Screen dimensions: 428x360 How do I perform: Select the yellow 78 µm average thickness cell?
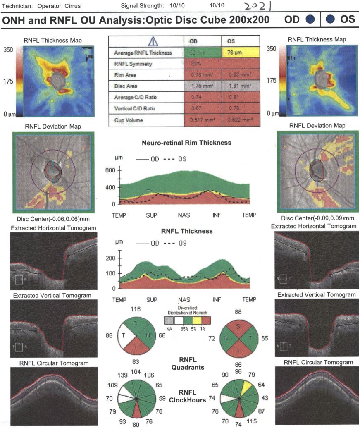click(x=241, y=53)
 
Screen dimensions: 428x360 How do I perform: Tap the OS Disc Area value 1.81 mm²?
click(x=241, y=86)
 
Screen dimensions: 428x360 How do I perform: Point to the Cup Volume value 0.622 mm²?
click(x=241, y=120)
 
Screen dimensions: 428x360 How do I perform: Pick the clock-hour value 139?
click(x=123, y=375)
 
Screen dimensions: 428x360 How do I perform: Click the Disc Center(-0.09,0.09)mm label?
click(x=317, y=218)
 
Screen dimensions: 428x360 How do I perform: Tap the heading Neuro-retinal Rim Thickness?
click(x=186, y=143)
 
